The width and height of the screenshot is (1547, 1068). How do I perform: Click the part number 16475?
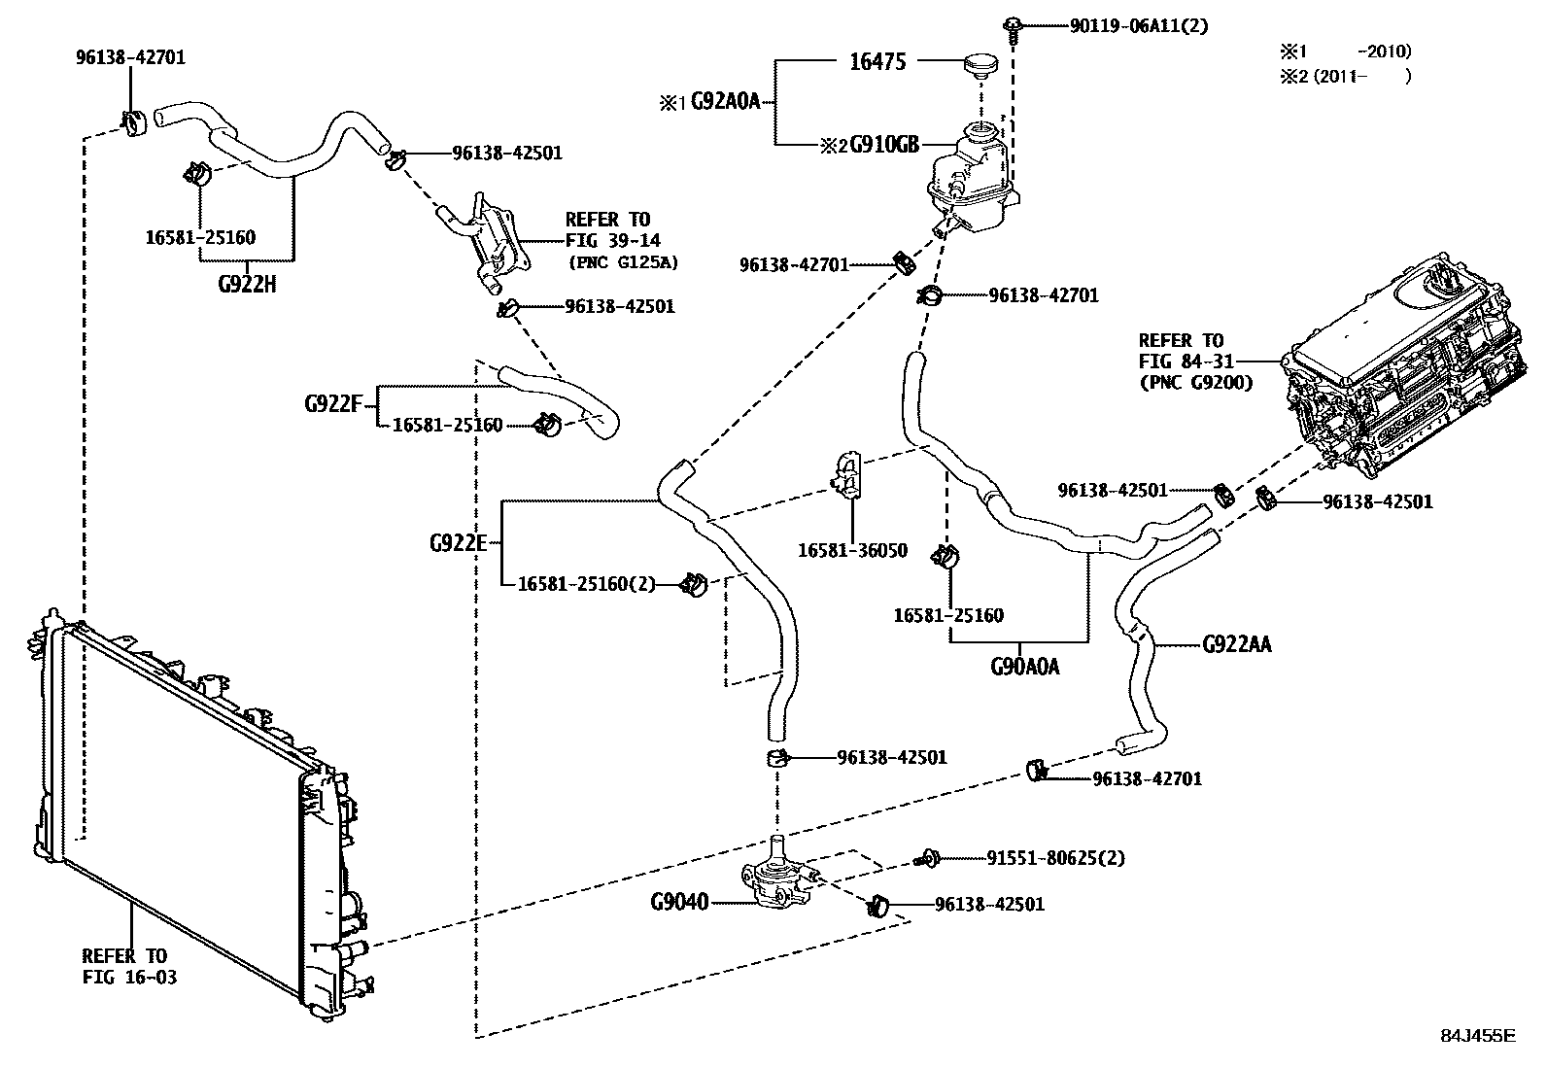[877, 61]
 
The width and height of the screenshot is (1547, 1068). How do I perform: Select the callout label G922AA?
[1236, 643]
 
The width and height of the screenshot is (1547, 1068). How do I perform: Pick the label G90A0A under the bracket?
[1024, 667]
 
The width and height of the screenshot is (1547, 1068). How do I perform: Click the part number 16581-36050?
[852, 550]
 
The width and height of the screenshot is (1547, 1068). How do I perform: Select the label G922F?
[333, 402]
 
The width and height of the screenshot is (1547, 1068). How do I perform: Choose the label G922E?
[457, 542]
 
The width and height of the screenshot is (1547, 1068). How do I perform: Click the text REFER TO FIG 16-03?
[128, 966]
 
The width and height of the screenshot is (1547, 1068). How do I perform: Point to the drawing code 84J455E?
[1477, 1035]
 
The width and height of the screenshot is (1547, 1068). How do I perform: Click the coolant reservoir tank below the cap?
[972, 180]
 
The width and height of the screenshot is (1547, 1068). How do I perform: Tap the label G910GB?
[883, 145]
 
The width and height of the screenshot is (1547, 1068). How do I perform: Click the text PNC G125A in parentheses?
[622, 262]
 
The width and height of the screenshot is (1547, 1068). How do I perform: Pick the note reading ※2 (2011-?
[1322, 77]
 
